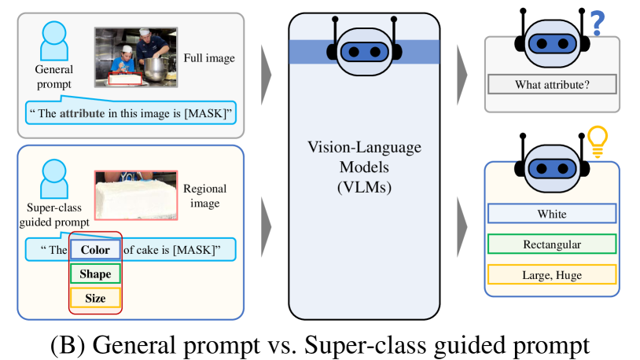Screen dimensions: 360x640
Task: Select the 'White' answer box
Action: [x=551, y=214]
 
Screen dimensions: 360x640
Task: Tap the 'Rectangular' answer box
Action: [x=551, y=244]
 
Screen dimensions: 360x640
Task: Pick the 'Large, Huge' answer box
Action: [x=551, y=274]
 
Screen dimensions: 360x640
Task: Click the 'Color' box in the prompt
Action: [x=95, y=251]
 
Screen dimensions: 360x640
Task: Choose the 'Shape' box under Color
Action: [x=95, y=274]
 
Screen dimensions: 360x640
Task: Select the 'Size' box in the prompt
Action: [x=95, y=299]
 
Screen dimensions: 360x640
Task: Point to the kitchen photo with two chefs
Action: [x=134, y=57]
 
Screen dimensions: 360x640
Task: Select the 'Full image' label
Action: [x=208, y=58]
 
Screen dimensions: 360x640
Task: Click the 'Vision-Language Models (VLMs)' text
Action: [x=364, y=167]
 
